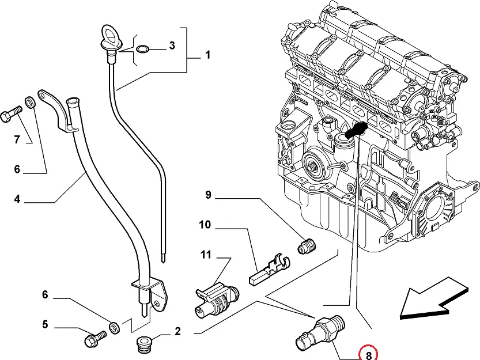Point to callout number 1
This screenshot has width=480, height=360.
click(207, 55)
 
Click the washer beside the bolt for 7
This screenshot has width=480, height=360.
click(31, 103)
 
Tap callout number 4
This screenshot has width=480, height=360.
click(17, 199)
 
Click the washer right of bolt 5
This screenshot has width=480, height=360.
click(115, 328)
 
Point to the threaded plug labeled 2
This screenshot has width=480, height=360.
click(144, 344)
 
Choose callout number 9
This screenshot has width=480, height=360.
click(209, 195)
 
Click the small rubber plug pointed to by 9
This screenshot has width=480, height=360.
click(308, 246)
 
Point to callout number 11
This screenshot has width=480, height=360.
click(206, 254)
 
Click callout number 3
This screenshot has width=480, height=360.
click(171, 46)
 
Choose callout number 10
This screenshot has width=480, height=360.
click(206, 225)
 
